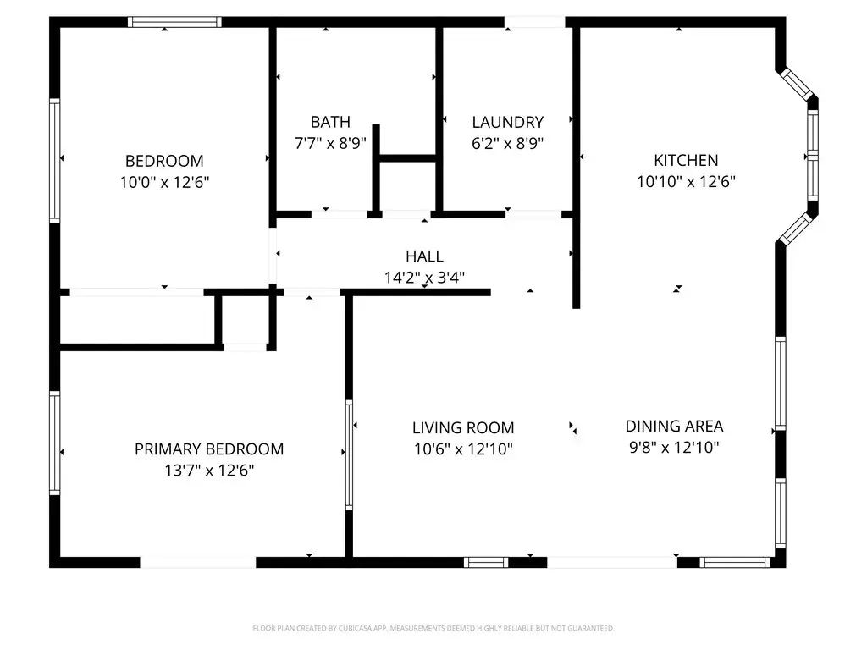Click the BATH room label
click(x=330, y=122)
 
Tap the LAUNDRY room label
click(x=508, y=122)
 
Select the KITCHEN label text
click(x=686, y=160)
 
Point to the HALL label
click(x=424, y=256)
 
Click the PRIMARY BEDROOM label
click(x=209, y=449)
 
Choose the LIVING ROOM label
click(x=463, y=427)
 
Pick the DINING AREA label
click(x=674, y=427)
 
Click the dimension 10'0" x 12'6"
click(x=165, y=182)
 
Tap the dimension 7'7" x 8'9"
click(x=330, y=143)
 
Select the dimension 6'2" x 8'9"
click(x=508, y=143)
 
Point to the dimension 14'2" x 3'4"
click(x=424, y=278)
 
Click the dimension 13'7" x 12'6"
click(x=209, y=471)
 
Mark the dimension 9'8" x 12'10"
click(x=674, y=447)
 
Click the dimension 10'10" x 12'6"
click(x=686, y=181)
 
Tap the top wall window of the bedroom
click(x=174, y=22)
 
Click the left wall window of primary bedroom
click(x=55, y=443)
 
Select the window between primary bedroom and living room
click(x=349, y=454)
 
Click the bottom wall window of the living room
click(x=486, y=563)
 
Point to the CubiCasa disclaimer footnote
click(x=433, y=629)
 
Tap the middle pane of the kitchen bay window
click(x=812, y=156)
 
